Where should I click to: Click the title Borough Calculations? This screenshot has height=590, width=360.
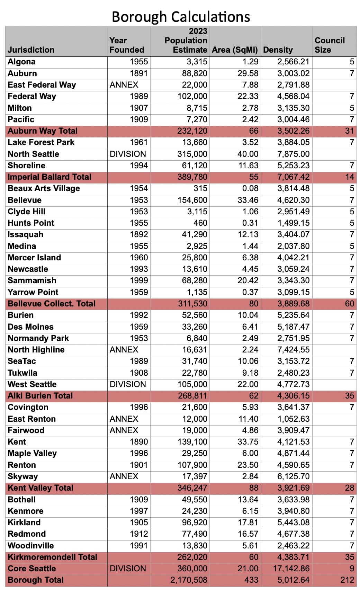pyautogui.click(x=181, y=17)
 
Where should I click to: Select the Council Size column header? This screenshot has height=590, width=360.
pyautogui.click(x=329, y=45)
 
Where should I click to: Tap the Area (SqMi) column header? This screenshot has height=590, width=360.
pyautogui.click(x=235, y=50)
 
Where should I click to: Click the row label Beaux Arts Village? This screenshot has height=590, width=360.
pyautogui.click(x=44, y=188)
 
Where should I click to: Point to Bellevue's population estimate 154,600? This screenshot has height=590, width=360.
pyautogui.click(x=192, y=200)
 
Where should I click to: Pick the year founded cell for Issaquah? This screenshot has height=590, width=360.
pyautogui.click(x=139, y=234)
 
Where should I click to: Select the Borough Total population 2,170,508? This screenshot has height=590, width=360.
pyautogui.click(x=189, y=580)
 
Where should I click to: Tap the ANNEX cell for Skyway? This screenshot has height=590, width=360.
pyautogui.click(x=124, y=476)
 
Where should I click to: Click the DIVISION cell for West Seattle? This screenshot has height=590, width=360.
pyautogui.click(x=128, y=384)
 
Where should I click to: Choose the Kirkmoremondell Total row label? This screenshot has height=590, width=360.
pyautogui.click(x=52, y=557)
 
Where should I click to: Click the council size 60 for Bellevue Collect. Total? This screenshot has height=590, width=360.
pyautogui.click(x=349, y=304)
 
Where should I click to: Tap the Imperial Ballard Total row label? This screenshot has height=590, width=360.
pyautogui.click(x=49, y=177)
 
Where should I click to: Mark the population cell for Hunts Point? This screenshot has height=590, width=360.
pyautogui.click(x=200, y=223)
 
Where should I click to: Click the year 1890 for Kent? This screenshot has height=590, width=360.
pyautogui.click(x=139, y=442)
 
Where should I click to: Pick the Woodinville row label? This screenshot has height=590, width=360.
pyautogui.click(x=31, y=546)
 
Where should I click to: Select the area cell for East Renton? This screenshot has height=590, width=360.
pyautogui.click(x=248, y=419)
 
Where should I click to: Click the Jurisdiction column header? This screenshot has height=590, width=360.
pyautogui.click(x=31, y=50)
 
